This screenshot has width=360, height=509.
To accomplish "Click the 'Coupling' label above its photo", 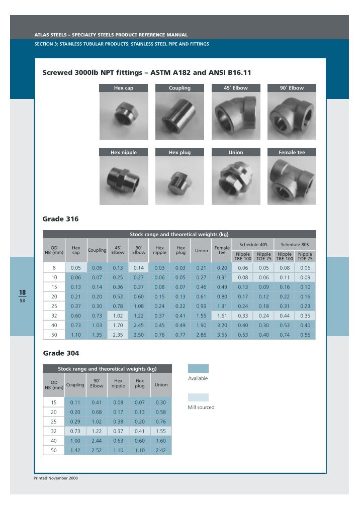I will [179, 88].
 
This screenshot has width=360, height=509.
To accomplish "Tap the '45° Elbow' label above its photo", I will [235, 88].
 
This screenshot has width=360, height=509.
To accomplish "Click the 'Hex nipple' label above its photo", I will [124, 152].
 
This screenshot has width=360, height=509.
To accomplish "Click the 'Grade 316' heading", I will [60, 219].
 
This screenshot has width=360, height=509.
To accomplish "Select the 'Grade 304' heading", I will [60, 353].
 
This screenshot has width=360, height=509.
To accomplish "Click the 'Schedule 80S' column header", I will [295, 244].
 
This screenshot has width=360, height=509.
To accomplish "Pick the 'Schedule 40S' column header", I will [253, 244].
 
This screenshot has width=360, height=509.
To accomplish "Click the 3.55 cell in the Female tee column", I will [222, 335].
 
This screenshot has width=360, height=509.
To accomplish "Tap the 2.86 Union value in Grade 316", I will [201, 335].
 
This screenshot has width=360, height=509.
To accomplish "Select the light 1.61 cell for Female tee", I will [222, 316].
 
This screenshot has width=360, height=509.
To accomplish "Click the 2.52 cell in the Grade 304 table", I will [97, 450].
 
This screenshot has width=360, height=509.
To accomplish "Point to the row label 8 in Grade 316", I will [54, 268].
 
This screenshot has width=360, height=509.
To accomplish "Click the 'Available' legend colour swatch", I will [198, 368].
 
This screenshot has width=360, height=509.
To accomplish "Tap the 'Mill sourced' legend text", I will [201, 407].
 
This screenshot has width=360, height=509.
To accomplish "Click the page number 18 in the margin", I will [23, 292].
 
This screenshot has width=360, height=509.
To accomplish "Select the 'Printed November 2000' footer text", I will [56, 478].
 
